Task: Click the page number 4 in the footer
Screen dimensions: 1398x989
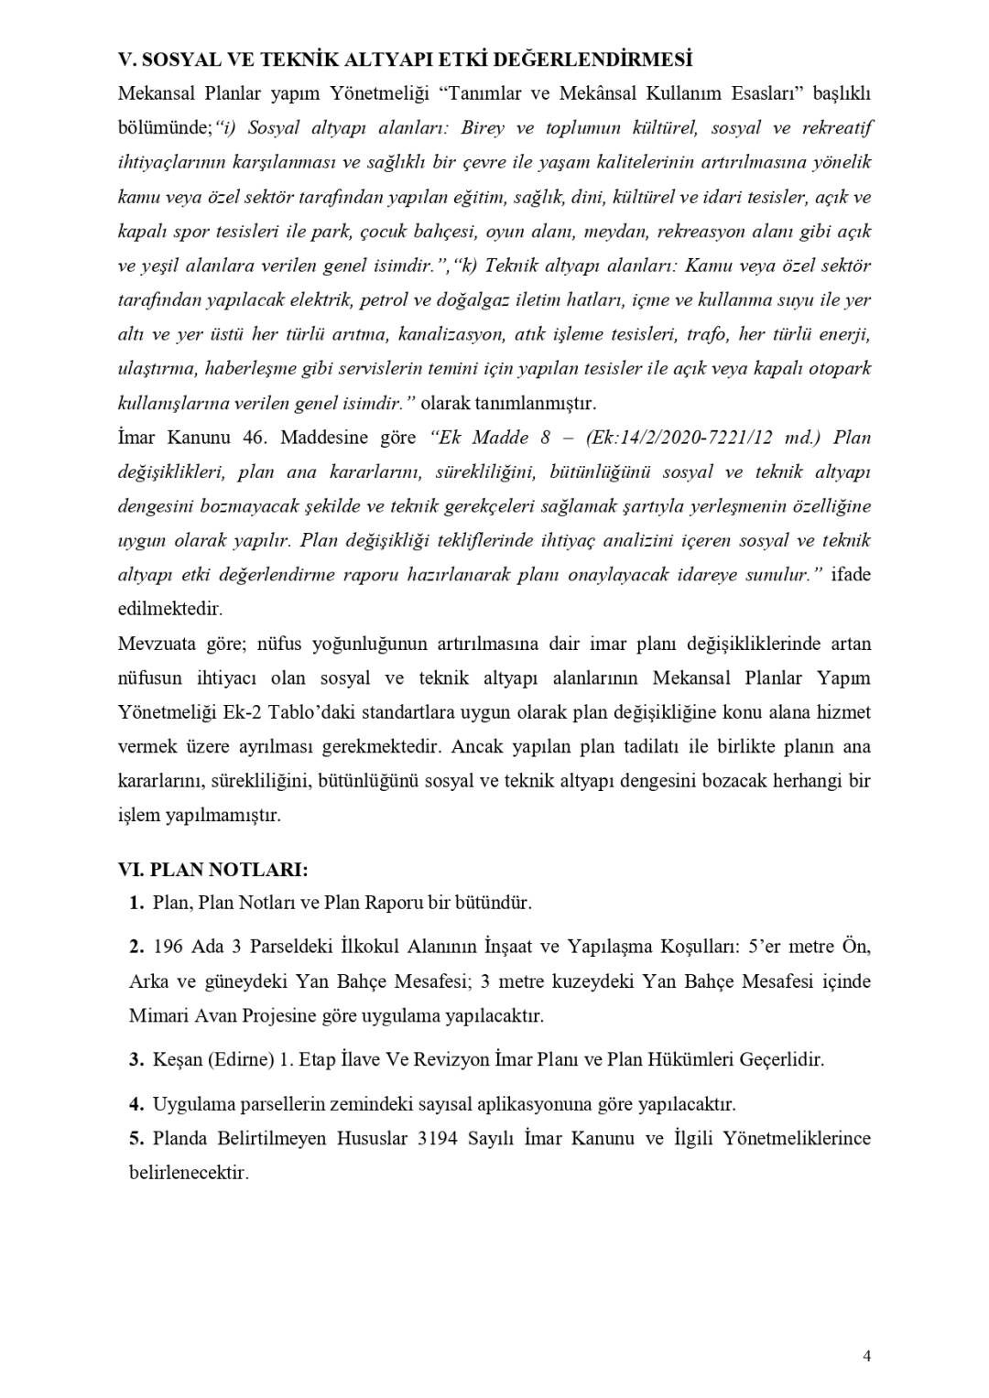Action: click(866, 1356)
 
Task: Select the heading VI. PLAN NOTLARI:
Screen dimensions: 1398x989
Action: click(213, 868)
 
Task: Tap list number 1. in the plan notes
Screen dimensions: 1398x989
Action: click(136, 903)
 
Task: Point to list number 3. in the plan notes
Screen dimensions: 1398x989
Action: click(136, 1059)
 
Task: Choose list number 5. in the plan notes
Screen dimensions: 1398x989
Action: click(136, 1138)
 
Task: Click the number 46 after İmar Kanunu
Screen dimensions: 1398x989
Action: click(254, 438)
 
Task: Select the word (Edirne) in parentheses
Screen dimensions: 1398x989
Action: click(239, 1059)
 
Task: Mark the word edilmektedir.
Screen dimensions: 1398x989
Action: click(170, 609)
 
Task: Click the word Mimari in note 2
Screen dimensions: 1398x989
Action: click(158, 1015)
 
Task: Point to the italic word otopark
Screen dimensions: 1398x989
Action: click(842, 369)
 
